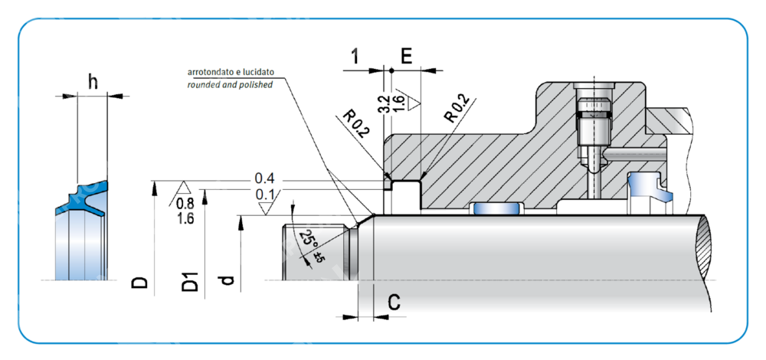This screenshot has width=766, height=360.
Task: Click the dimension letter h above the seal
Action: pos(93,81)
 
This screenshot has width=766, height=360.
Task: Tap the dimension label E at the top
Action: pos(407,56)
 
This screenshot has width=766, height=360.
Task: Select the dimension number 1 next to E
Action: pos(355,56)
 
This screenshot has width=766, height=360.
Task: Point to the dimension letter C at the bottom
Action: pos(394,303)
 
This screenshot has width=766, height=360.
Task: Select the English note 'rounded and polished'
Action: pos(230,85)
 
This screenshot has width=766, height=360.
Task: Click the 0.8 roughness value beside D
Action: pos(185,204)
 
